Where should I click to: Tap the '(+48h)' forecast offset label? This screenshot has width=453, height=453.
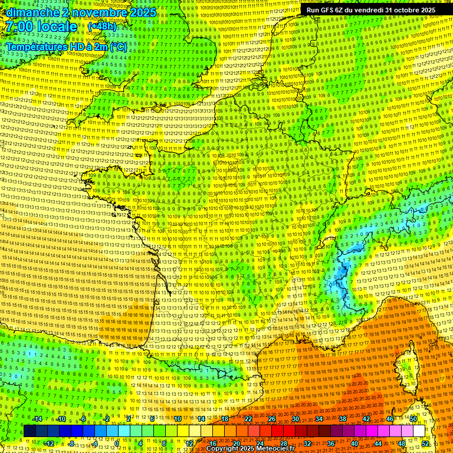(x=102, y=27)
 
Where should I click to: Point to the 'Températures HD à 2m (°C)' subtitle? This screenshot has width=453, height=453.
(x=66, y=46)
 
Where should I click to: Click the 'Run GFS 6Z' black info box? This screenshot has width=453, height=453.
(x=371, y=10)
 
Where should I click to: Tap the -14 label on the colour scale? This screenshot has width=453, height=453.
(x=38, y=419)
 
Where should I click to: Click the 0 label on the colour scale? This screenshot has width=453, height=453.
(x=117, y=444)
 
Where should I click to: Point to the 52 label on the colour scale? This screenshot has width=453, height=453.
(x=425, y=444)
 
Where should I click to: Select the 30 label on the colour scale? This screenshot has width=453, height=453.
(x=295, y=419)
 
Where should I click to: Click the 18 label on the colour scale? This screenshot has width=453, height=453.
(x=224, y=419)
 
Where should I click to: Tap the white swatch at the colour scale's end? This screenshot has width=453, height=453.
(x=419, y=431)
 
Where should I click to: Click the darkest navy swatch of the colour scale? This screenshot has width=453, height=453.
(x=29, y=431)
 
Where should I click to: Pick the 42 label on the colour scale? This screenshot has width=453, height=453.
(x=366, y=419)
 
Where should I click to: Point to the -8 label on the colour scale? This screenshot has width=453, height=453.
(x=70, y=444)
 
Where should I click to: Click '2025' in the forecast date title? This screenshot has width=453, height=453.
(x=142, y=12)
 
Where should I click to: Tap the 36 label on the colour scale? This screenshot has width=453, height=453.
(x=330, y=444)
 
